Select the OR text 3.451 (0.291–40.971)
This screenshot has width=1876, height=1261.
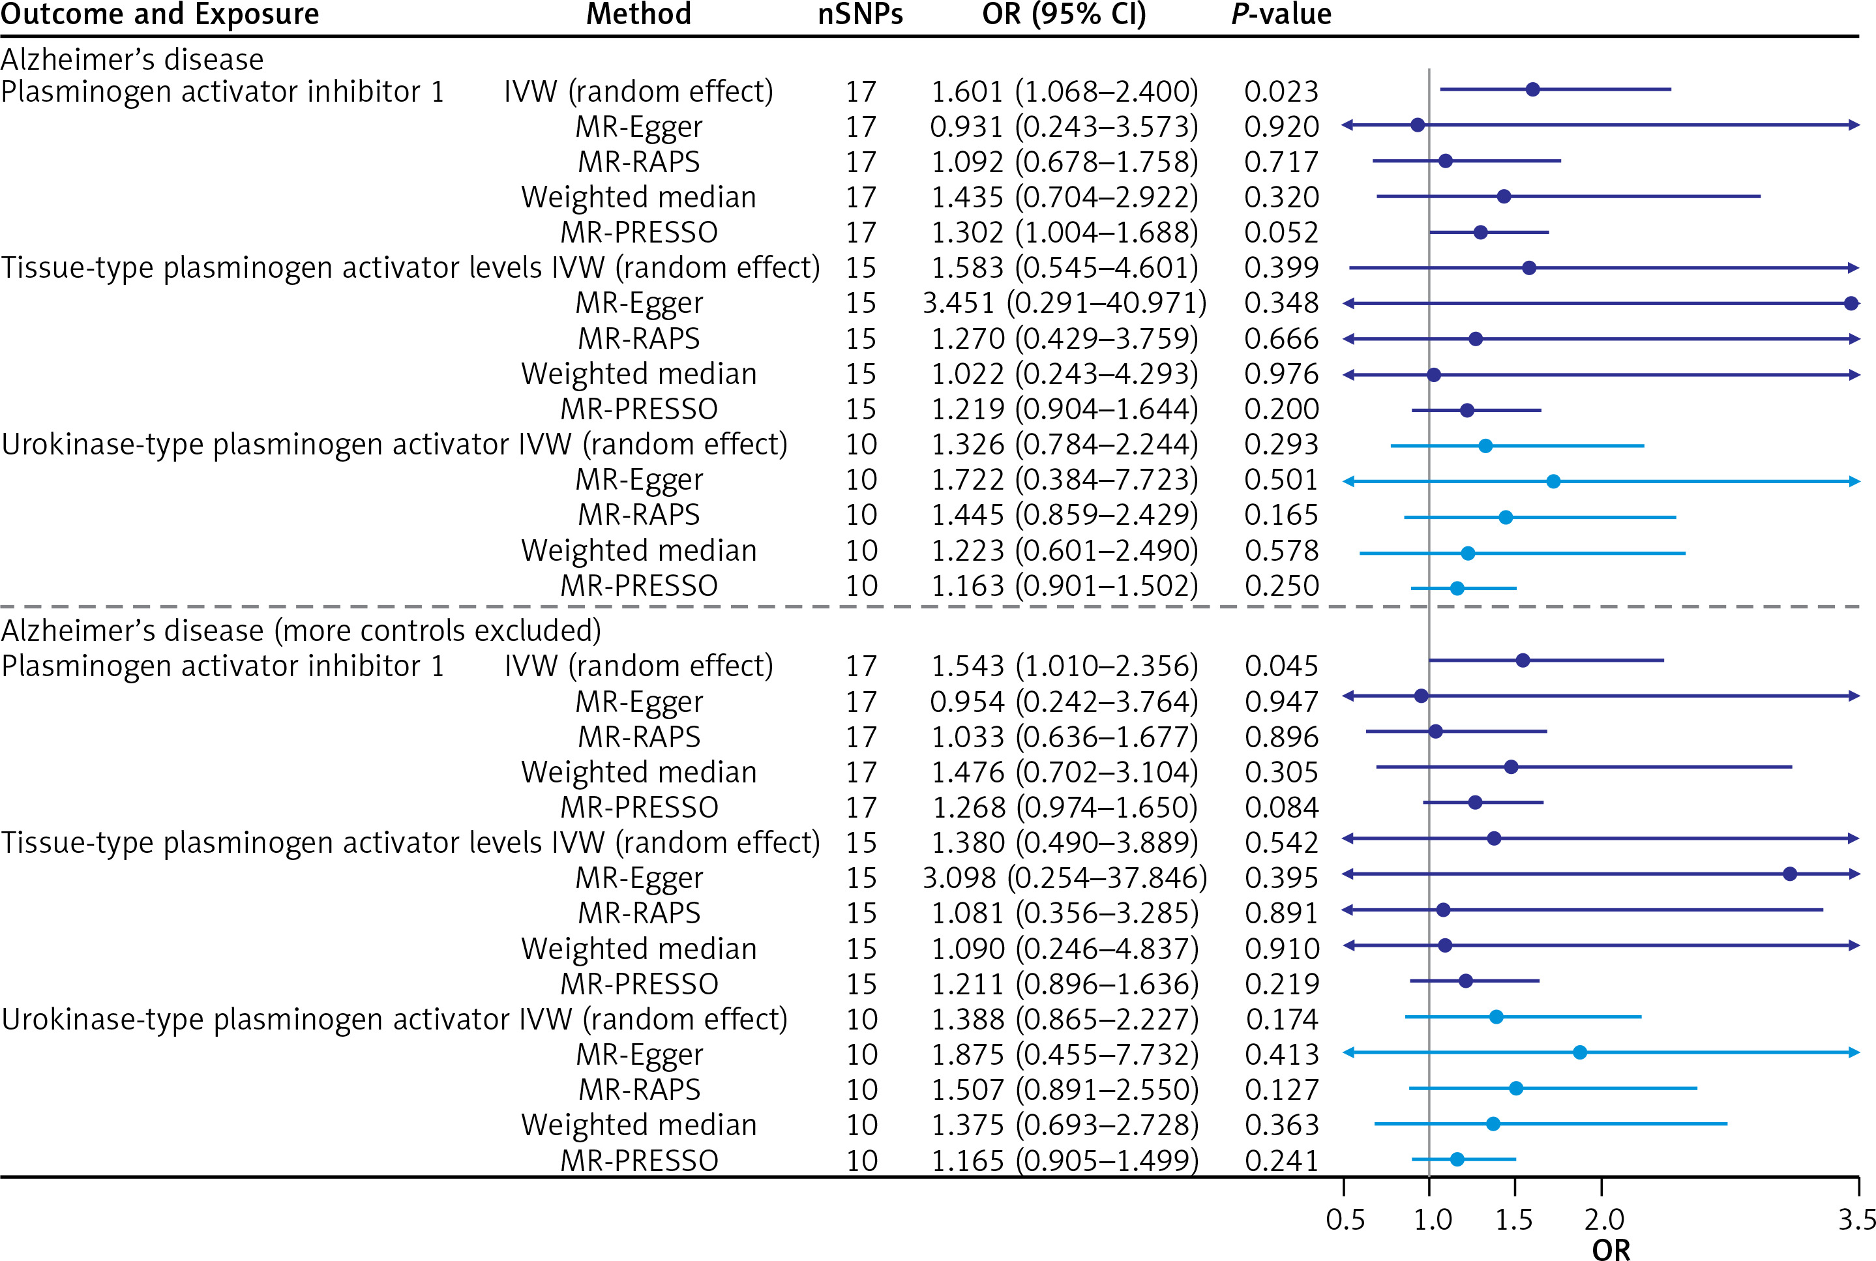[1064, 303]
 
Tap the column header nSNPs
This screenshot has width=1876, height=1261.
[859, 14]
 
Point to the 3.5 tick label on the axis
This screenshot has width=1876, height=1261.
[1856, 1219]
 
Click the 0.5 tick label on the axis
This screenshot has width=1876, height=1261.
[1345, 1219]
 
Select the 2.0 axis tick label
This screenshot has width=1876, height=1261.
[1603, 1219]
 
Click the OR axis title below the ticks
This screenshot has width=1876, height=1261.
[1611, 1249]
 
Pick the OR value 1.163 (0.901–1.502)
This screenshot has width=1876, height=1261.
[1064, 586]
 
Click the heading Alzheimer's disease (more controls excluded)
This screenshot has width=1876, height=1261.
[301, 630]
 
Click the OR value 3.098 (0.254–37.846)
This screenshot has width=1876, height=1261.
[1064, 878]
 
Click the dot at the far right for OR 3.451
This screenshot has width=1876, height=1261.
[1851, 303]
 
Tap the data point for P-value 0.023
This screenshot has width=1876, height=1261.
[1532, 89]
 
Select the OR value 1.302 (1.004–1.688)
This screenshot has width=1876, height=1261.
[1064, 232]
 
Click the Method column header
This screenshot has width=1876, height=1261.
[638, 14]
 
